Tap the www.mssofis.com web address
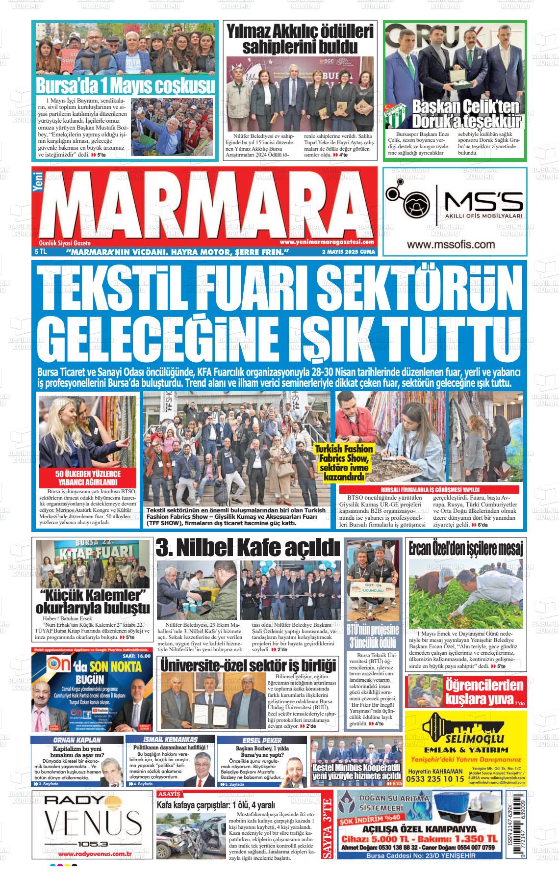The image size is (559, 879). pyautogui.click(x=450, y=244)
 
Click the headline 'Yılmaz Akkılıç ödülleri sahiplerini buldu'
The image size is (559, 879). pyautogui.click(x=300, y=39)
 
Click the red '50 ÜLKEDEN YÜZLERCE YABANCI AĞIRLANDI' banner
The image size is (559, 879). pyautogui.click(x=88, y=478)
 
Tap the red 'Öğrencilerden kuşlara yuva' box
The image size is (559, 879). pyautogui.click(x=466, y=691)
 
